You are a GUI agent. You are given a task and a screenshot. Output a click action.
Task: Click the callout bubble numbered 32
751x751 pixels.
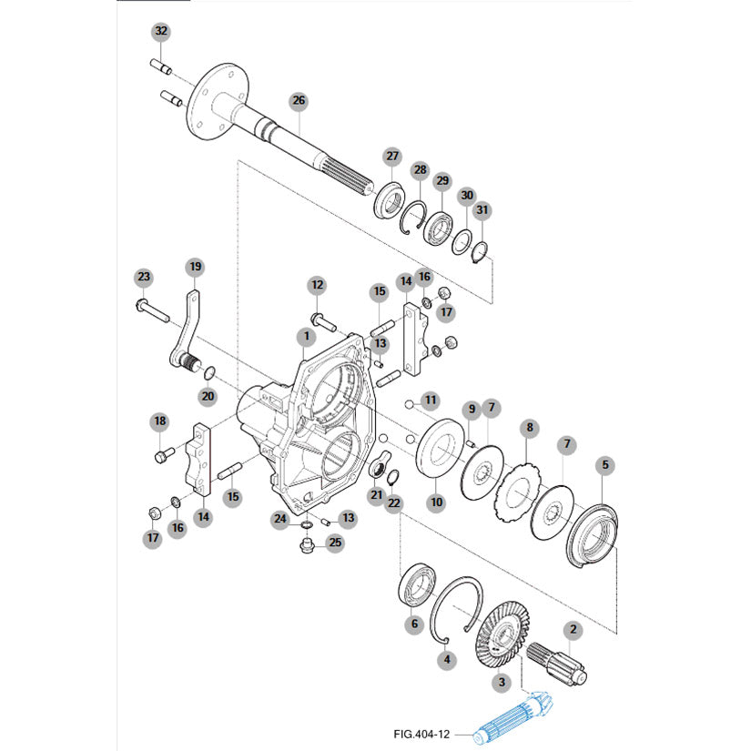[161, 32]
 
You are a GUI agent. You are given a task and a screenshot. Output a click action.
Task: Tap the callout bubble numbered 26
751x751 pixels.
[299, 100]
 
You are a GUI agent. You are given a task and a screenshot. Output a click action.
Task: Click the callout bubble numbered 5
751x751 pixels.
[605, 465]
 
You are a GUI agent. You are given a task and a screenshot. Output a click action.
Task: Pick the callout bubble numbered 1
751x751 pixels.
[306, 337]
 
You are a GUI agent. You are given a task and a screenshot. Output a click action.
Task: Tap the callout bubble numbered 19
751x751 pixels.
[195, 267]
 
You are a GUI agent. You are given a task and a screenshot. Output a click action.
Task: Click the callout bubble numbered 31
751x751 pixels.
[482, 210]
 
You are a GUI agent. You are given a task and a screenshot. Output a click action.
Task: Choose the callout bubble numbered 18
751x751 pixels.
[160, 421]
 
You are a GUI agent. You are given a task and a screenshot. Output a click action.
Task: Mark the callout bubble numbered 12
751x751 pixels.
[317, 285]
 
